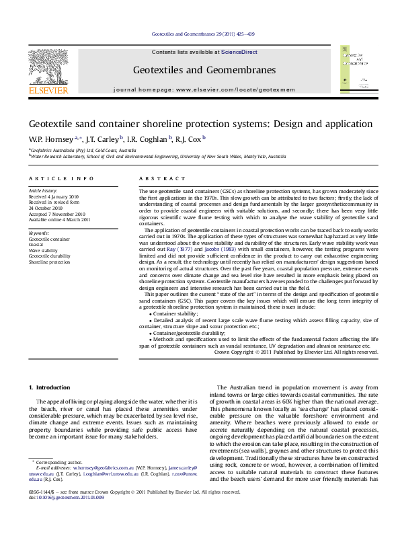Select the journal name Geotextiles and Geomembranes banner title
coord(195,70)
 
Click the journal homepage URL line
coord(195,89)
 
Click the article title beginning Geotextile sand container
coord(190,124)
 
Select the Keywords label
coord(39,233)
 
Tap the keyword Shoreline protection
coord(49,262)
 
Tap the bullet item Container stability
coord(175,313)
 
